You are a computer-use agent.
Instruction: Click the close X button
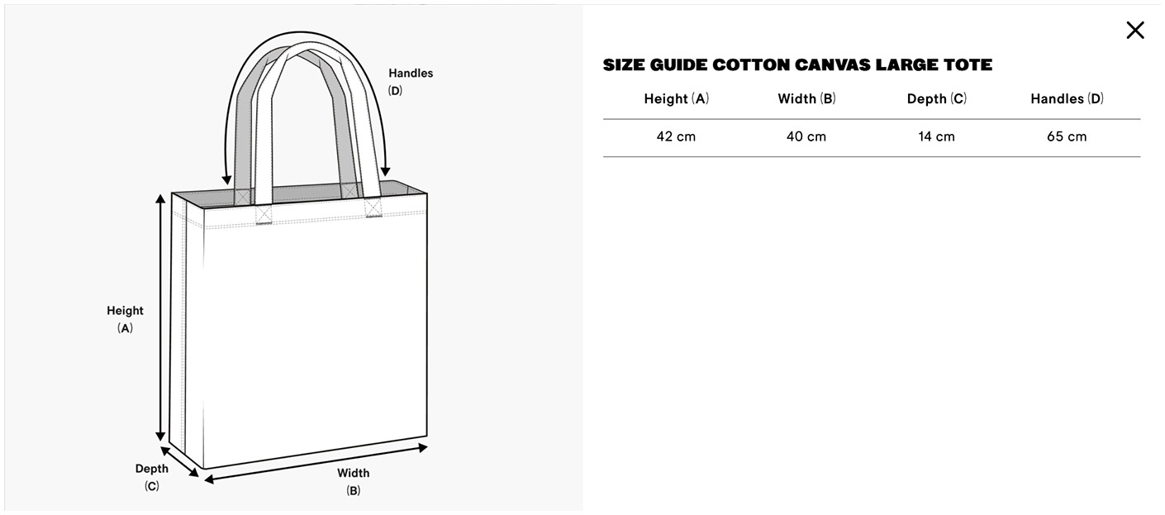tap(1135, 30)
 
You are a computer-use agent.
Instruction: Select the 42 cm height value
tap(676, 137)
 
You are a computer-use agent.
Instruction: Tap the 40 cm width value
tap(806, 137)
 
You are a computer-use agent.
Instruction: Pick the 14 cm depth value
tap(936, 137)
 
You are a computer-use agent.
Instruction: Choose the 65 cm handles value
tap(1067, 137)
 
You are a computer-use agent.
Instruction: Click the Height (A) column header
tap(676, 99)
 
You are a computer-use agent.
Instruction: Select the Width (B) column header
tap(806, 99)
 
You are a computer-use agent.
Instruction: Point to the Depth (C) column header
tap(937, 99)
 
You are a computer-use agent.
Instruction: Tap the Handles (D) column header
tap(1068, 99)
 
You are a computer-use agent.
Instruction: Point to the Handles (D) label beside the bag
tap(411, 82)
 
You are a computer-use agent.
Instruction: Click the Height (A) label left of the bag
tap(125, 319)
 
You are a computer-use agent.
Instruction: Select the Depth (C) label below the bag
tap(152, 477)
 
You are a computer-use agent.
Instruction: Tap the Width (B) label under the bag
tap(353, 482)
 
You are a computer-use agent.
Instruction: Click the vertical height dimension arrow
tap(161, 317)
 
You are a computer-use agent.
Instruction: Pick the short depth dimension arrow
tap(179, 461)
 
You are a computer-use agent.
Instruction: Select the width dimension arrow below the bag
tap(316, 464)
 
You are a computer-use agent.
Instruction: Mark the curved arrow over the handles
tap(306, 32)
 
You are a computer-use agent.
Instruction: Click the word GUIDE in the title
tap(678, 65)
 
